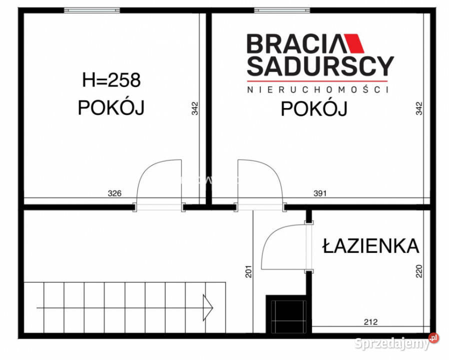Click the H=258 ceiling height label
pos(111,79)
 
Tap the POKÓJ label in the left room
pos(111,107)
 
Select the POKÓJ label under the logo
pos(314,108)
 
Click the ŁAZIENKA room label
pos(370,245)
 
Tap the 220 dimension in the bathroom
pos(419,270)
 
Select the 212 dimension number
pos(370,322)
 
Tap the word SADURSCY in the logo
pos(320,65)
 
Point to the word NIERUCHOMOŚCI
pos(318,89)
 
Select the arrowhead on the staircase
pos(207,307)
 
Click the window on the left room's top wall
pos(92,10)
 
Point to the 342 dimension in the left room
pos(195,108)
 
